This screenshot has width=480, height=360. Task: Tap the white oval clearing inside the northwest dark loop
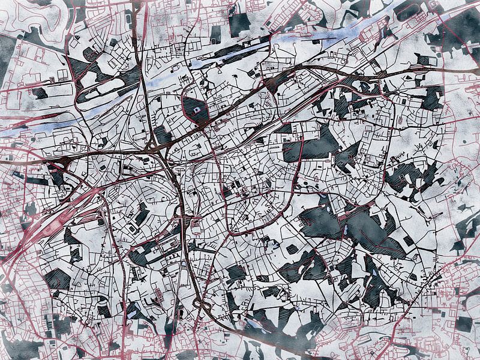[x=90, y=78]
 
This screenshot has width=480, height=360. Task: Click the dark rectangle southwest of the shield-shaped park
[x=163, y=134]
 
